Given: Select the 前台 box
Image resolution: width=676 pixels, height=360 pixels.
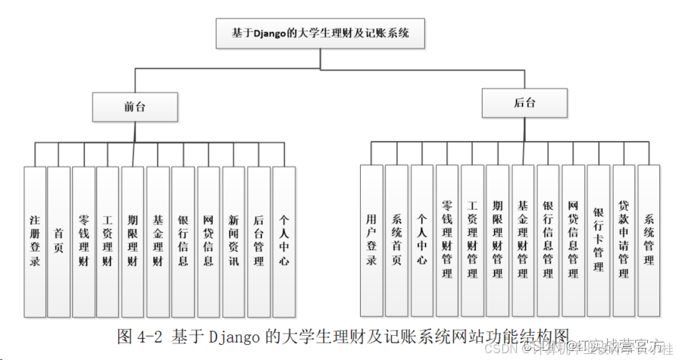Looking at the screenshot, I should click(x=135, y=108).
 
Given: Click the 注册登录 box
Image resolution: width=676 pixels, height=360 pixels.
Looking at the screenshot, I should click(x=35, y=240).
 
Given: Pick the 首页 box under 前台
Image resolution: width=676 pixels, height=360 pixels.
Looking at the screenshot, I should click(x=59, y=240).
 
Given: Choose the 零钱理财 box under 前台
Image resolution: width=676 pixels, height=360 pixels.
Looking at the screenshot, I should click(x=84, y=240).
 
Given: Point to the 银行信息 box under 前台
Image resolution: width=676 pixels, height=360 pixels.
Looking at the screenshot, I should click(x=183, y=240).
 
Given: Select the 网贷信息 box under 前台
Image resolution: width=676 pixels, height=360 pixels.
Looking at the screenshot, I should click(x=208, y=240).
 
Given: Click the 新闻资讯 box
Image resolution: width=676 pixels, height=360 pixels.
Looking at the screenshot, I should click(x=233, y=240).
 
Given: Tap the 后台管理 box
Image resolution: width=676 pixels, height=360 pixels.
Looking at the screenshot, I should click(x=258, y=240).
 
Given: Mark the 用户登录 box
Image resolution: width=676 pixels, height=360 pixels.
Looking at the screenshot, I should click(x=371, y=240).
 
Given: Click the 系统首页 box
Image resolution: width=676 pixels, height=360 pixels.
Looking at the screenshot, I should click(x=396, y=240).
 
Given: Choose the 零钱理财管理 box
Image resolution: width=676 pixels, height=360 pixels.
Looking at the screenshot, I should click(x=447, y=240).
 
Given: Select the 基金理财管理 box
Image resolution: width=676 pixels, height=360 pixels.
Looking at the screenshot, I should click(x=523, y=240).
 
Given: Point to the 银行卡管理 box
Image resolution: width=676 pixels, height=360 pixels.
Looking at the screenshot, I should click(x=599, y=240).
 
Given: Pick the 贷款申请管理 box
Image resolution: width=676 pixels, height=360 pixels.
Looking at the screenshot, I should click(x=624, y=240).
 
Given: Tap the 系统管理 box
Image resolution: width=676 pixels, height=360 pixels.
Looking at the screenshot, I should click(x=649, y=240).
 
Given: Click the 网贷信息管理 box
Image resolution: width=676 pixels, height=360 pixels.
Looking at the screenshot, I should click(x=574, y=240).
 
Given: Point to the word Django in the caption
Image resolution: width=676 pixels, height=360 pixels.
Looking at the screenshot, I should click(x=227, y=336).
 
